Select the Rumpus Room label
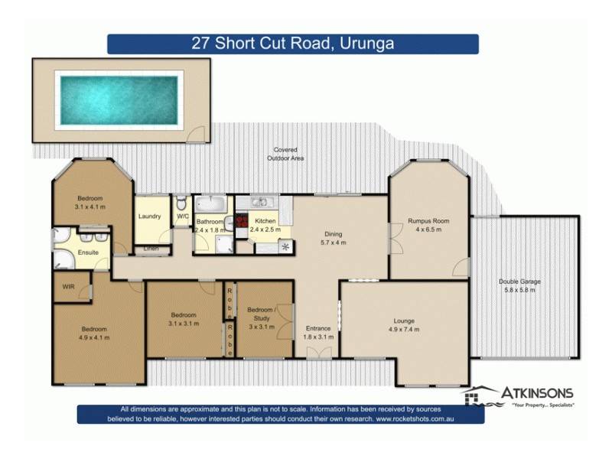pos(428,221)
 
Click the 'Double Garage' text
pos(519,282)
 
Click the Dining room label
pos(332,234)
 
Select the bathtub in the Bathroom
pos(209,205)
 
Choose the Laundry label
pos(149,216)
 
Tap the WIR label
pos(69,288)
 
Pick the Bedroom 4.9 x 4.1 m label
pos(95,329)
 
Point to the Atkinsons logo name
pos(537,393)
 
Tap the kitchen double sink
pos(260,202)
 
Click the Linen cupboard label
pos(151,249)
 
